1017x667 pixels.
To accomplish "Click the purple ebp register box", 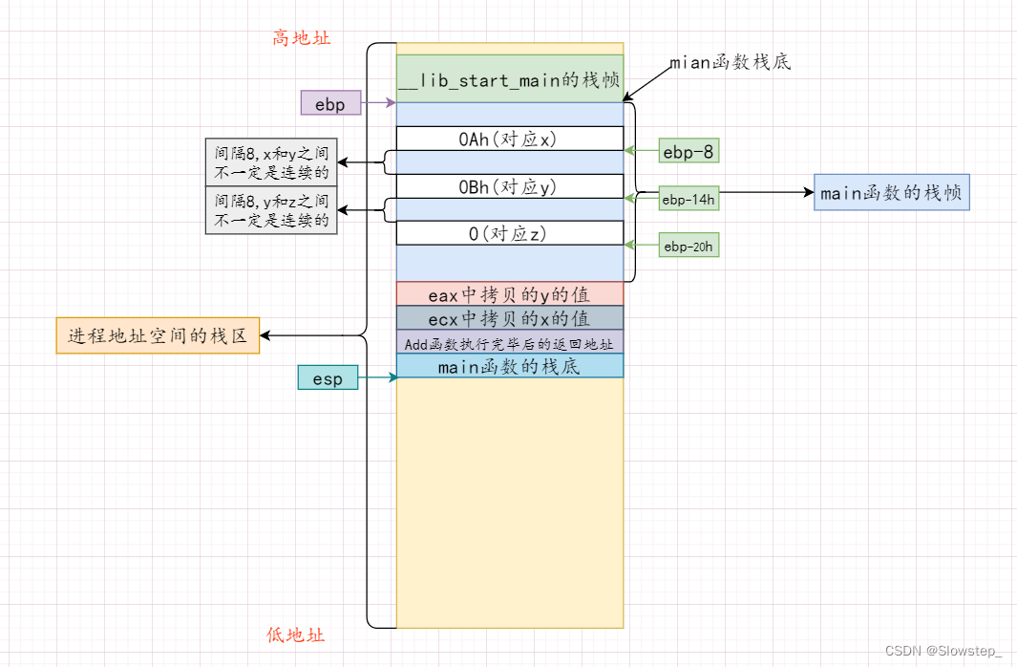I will point(330,102).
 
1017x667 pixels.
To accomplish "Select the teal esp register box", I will point(328,378).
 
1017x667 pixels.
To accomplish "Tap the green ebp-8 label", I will point(688,150).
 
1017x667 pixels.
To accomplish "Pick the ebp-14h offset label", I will point(688,199).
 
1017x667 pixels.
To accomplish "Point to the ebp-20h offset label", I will point(688,247).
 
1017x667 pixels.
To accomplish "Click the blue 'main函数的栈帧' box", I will point(891,192).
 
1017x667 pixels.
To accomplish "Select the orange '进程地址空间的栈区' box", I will point(158,335).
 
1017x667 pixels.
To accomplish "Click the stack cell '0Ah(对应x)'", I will point(509,139).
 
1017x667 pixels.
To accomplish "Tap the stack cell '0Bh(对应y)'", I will point(509,185).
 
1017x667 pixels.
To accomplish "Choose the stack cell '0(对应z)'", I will point(509,232).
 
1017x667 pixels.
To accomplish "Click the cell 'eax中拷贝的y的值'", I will point(509,294).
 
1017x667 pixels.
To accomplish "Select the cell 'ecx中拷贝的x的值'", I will point(509,318).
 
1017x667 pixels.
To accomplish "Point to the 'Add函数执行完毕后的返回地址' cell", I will point(509,342).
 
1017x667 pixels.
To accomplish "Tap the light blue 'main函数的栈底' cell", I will point(509,366).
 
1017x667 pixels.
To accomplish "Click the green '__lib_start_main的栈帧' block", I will point(509,80).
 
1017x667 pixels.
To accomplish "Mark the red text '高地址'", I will point(302,38).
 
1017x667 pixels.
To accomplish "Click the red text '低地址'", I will point(295,635).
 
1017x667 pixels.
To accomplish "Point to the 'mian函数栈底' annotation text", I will point(730,63).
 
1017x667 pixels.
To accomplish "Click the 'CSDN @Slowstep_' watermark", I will point(943,651).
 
